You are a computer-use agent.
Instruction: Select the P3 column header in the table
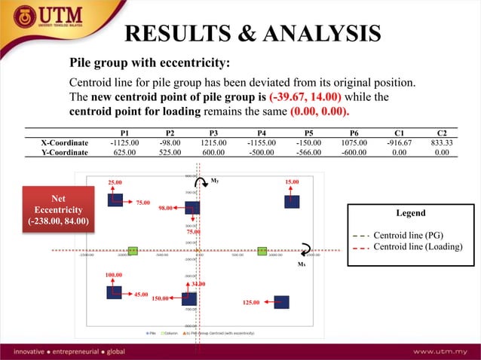[213, 132]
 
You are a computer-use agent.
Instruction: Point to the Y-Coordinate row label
[64, 151]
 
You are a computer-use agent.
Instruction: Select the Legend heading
[410, 213]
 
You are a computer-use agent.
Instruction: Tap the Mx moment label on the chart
[301, 264]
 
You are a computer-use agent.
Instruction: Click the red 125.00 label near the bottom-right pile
[251, 302]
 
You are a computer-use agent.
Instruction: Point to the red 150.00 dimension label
[161, 299]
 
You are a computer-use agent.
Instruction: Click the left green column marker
[133, 250]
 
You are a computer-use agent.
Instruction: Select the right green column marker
[262, 250]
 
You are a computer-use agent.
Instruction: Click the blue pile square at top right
[292, 201]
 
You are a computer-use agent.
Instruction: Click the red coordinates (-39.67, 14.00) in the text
[305, 98]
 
